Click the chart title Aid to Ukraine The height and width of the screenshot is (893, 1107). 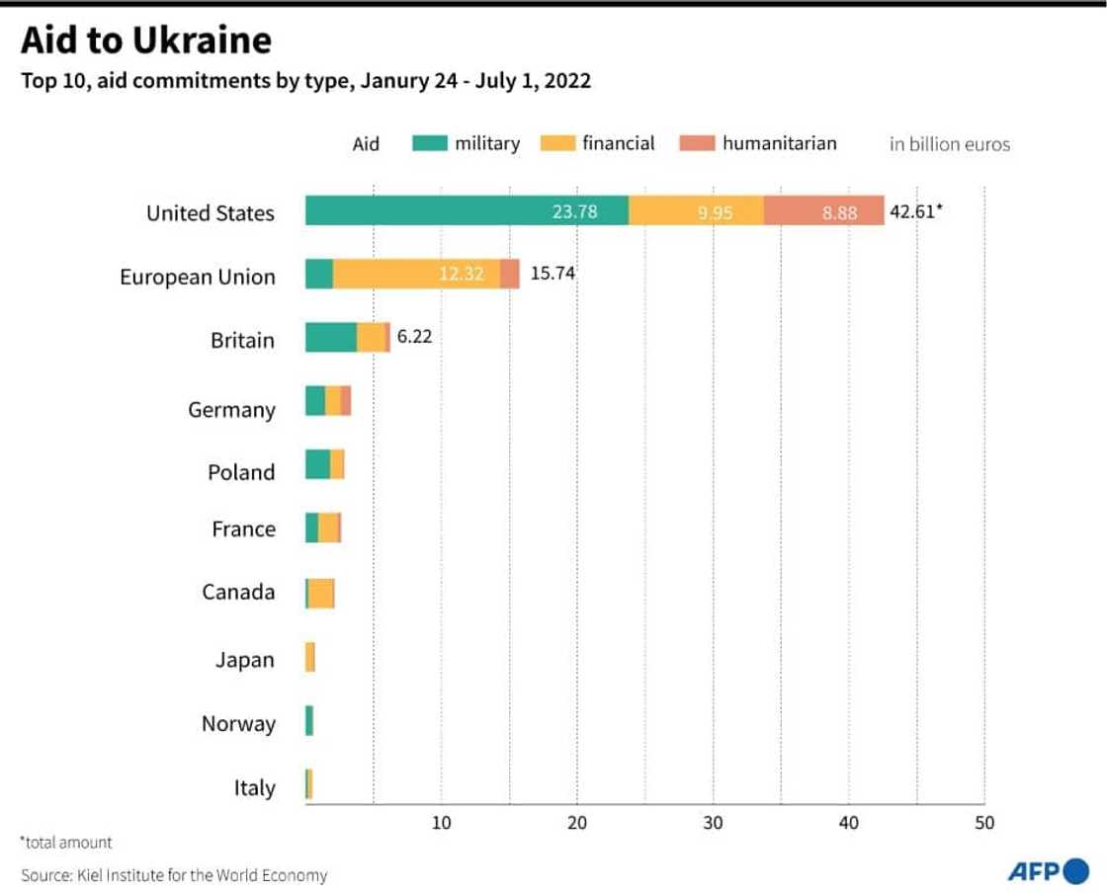[146, 41]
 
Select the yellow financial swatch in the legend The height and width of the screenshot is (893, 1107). [557, 143]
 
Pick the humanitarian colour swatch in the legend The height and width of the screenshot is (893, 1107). [697, 143]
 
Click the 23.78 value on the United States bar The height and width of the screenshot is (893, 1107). [574, 211]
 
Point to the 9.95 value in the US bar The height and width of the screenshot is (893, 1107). [715, 212]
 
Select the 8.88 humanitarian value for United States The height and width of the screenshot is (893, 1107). [839, 212]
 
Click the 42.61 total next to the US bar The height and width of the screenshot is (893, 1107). [915, 210]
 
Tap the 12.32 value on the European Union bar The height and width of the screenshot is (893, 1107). [462, 275]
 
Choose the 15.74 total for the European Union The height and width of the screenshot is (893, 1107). [552, 274]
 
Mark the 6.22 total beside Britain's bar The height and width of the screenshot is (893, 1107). [414, 337]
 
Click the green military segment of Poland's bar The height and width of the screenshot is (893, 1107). [317, 464]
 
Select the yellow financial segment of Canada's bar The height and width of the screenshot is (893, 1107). [321, 593]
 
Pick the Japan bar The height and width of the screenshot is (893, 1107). [310, 657]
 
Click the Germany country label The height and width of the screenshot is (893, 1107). [231, 409]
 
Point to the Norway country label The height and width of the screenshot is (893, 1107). [237, 724]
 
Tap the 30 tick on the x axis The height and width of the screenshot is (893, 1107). [713, 823]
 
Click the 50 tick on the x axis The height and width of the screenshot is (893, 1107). [984, 823]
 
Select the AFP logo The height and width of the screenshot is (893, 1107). [1048, 871]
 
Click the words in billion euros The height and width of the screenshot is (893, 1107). [949, 144]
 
